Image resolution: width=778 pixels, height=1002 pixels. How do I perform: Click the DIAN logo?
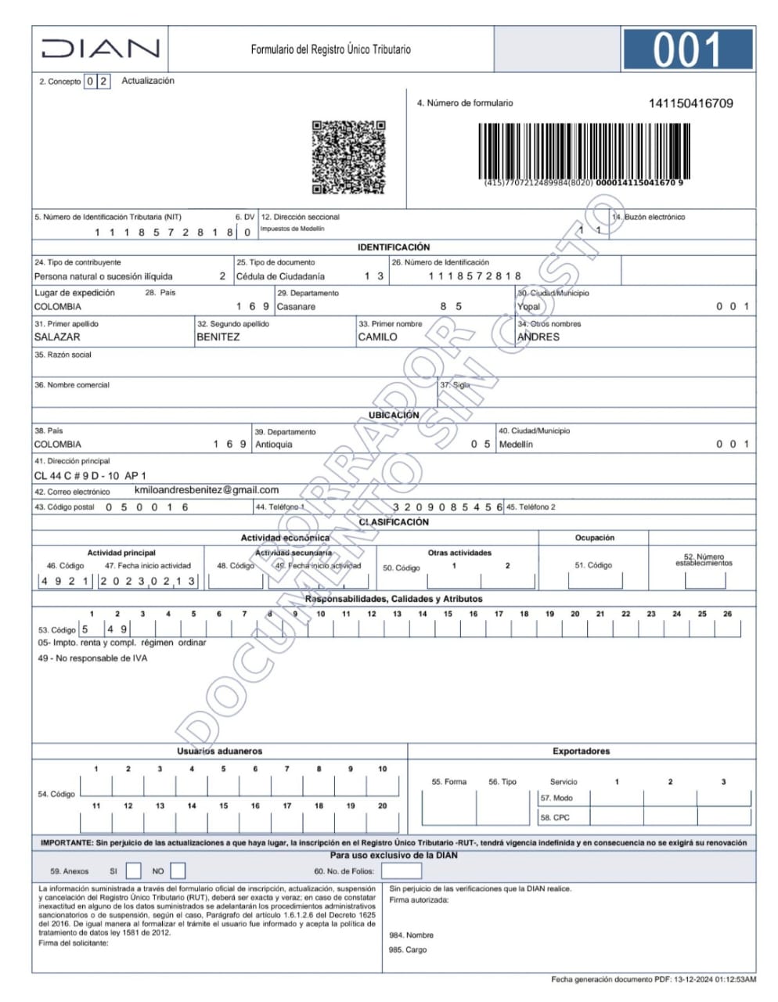[100, 49]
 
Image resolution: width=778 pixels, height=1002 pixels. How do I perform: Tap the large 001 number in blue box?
[686, 49]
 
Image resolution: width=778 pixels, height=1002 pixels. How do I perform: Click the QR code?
[348, 157]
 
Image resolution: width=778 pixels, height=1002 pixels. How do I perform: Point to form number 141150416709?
[690, 103]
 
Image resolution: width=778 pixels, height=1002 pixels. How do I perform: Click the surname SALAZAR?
[57, 337]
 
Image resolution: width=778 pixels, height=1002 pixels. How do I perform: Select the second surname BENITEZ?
[218, 337]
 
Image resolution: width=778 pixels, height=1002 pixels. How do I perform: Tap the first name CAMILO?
[377, 337]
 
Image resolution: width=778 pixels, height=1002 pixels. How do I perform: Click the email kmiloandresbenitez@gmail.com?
[207, 490]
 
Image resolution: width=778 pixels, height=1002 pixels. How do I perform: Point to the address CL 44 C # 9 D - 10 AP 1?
[90, 476]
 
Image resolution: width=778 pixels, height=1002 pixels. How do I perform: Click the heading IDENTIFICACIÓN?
[394, 247]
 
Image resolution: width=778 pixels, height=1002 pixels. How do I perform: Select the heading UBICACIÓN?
[394, 415]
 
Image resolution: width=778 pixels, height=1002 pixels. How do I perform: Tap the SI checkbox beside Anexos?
[134, 870]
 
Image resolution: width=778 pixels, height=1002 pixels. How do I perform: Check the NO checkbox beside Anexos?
[178, 870]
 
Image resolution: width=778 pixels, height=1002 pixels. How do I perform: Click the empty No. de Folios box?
[401, 870]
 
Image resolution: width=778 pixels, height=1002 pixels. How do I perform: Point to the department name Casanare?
[296, 307]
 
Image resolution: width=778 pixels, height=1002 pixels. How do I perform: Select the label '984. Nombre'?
[411, 935]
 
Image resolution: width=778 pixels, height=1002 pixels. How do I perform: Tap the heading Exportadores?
[581, 751]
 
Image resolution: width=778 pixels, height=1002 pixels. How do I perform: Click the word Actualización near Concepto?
[148, 81]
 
